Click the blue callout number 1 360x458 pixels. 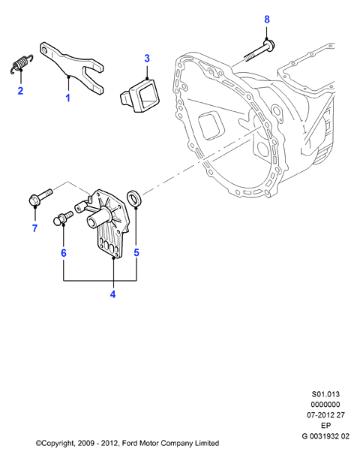[68, 98]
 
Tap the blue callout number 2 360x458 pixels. [20, 91]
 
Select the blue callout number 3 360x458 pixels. [147, 58]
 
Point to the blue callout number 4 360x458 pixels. [113, 294]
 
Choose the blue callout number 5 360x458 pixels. [136, 252]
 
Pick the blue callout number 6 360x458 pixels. [64, 253]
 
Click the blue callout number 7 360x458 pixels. [35, 228]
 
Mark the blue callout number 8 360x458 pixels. [267, 20]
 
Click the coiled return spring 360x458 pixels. [21, 63]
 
